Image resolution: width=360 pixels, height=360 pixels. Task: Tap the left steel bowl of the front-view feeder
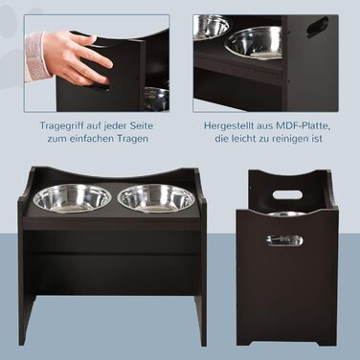[68, 198]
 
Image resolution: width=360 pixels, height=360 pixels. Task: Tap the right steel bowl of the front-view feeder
[156, 198]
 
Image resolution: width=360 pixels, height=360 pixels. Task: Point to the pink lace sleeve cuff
[36, 56]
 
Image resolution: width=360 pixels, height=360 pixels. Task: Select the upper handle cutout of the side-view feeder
[287, 194]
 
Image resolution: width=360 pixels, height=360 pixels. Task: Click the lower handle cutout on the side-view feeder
[284, 240]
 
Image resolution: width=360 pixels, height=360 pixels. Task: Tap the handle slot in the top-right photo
[318, 27]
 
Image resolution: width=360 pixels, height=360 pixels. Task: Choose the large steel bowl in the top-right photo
[254, 43]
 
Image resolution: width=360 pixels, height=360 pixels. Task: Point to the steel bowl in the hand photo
[156, 99]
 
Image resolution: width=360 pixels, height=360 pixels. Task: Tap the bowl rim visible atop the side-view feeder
[286, 214]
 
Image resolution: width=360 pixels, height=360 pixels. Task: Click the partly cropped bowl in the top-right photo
[211, 27]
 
